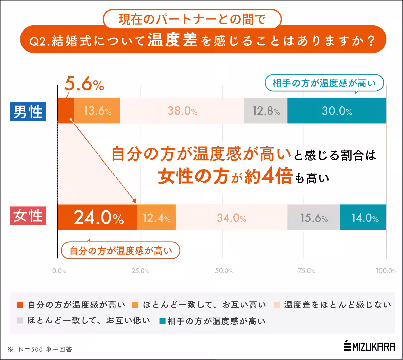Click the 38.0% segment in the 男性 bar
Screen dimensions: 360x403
pos(182,111)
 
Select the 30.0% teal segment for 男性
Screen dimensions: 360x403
pos(337,111)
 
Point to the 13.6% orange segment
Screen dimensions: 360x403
pos(97,111)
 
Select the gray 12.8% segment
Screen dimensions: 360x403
pos(266,111)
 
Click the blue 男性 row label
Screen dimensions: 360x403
pos(28,111)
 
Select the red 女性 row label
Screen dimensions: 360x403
pos(28,216)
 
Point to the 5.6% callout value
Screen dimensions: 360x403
pos(84,84)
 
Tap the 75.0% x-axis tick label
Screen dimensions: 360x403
pos(306,271)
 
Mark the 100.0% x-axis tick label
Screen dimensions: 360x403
pos(386,271)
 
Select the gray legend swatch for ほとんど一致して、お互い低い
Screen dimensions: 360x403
pos(20,321)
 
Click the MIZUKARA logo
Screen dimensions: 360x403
pos(369,347)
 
